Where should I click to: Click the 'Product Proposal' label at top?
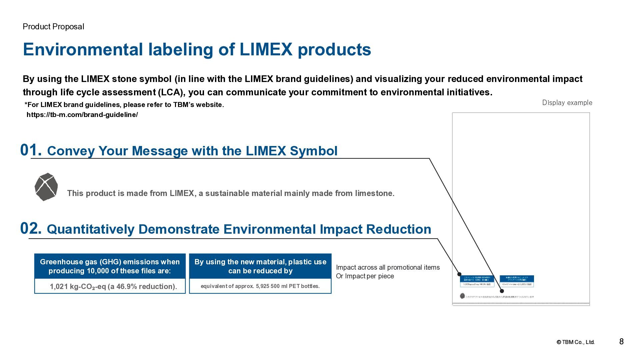(53, 27)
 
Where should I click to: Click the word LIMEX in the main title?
(266, 49)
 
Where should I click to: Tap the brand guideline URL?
(82, 115)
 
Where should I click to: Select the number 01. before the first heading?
(31, 150)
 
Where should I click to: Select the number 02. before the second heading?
(31, 229)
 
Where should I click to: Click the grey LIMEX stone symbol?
(46, 187)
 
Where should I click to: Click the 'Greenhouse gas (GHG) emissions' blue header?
(110, 266)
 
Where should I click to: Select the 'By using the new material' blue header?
(260, 266)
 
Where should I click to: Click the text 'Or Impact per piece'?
(365, 276)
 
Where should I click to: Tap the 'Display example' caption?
(567, 103)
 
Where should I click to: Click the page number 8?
(621, 341)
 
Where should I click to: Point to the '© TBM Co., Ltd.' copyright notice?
(575, 342)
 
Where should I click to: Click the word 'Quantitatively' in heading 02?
(90, 229)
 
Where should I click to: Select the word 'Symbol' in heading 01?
(313, 151)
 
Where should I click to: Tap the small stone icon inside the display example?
(462, 296)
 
